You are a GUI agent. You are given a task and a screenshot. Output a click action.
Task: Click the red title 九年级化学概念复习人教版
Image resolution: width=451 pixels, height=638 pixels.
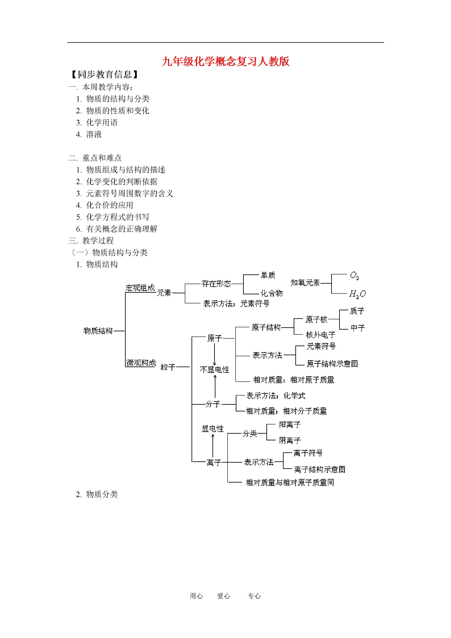tap(226, 61)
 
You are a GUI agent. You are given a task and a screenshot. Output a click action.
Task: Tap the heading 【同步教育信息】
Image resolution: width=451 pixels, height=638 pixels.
tap(104, 74)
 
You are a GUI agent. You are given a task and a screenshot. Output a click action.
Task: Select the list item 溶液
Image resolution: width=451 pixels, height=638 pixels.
tap(94, 134)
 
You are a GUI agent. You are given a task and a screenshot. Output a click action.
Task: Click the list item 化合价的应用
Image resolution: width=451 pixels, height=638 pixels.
tap(109, 205)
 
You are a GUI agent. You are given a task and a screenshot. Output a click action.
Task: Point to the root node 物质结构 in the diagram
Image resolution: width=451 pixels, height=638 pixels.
tap(98, 331)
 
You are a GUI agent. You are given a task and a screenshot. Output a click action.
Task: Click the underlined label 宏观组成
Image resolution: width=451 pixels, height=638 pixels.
tap(140, 288)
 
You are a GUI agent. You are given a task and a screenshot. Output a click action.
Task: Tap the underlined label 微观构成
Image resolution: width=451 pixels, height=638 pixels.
tap(141, 363)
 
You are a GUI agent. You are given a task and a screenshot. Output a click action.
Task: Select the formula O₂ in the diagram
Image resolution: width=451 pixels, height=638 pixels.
tap(354, 275)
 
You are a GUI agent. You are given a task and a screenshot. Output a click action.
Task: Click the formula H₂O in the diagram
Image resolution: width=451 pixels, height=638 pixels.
tap(358, 294)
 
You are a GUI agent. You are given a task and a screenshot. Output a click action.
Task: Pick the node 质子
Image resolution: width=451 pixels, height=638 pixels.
tap(357, 311)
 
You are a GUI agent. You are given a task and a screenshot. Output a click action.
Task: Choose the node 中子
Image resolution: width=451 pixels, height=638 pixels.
tap(358, 328)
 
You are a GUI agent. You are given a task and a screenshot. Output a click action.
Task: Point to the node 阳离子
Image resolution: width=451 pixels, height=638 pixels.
tap(290, 425)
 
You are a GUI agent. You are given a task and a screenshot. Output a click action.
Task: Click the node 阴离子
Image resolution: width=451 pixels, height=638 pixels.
tap(290, 440)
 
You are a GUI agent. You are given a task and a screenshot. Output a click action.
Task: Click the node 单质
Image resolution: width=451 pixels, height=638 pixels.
tap(268, 275)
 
